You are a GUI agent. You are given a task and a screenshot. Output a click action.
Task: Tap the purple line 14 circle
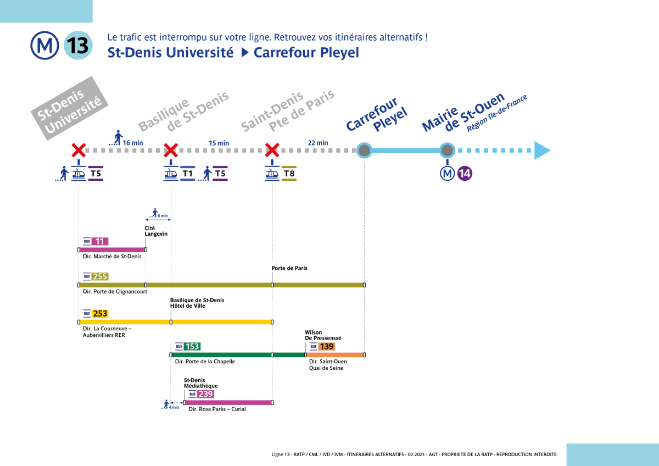tap(465, 174)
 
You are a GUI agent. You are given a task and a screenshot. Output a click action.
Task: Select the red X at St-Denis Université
tap(79, 150)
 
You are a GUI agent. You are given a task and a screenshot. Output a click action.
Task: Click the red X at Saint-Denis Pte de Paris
tap(272, 150)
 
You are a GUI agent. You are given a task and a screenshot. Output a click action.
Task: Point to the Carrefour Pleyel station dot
tap(364, 150)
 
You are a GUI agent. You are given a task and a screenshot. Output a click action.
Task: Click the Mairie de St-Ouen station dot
tap(448, 150)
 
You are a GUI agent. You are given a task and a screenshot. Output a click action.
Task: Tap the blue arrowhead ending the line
tap(541, 151)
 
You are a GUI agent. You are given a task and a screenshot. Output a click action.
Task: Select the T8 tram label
tap(289, 174)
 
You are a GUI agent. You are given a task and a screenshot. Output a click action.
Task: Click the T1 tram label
tap(188, 174)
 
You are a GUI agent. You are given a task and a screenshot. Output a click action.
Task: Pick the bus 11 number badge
tap(100, 241)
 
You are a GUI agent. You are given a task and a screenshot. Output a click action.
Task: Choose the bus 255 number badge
tap(100, 276)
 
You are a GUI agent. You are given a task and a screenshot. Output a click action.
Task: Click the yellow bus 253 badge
tap(100, 313)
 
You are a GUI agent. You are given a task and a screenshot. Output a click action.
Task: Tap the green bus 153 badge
tap(192, 346)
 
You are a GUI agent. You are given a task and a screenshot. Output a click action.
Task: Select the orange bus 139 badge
tap(326, 346)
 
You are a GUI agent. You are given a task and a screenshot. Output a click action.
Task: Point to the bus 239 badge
tap(205, 394)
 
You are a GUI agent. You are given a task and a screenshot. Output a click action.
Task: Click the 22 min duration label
tap(318, 143)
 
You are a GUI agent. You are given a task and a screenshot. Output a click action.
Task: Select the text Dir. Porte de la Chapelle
tap(205, 362)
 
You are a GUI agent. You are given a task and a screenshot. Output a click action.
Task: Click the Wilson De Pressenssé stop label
tap(322, 335)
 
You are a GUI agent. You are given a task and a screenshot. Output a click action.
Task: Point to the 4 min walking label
tap(174, 407)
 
